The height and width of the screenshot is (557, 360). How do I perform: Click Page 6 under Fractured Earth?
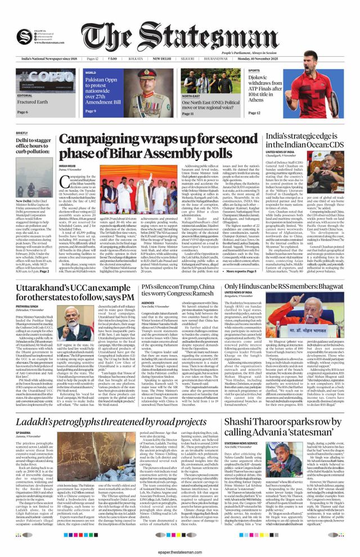pyautogui.click(x=23, y=112)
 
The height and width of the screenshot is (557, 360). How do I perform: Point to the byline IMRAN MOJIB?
pyautogui.click(x=76, y=167)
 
